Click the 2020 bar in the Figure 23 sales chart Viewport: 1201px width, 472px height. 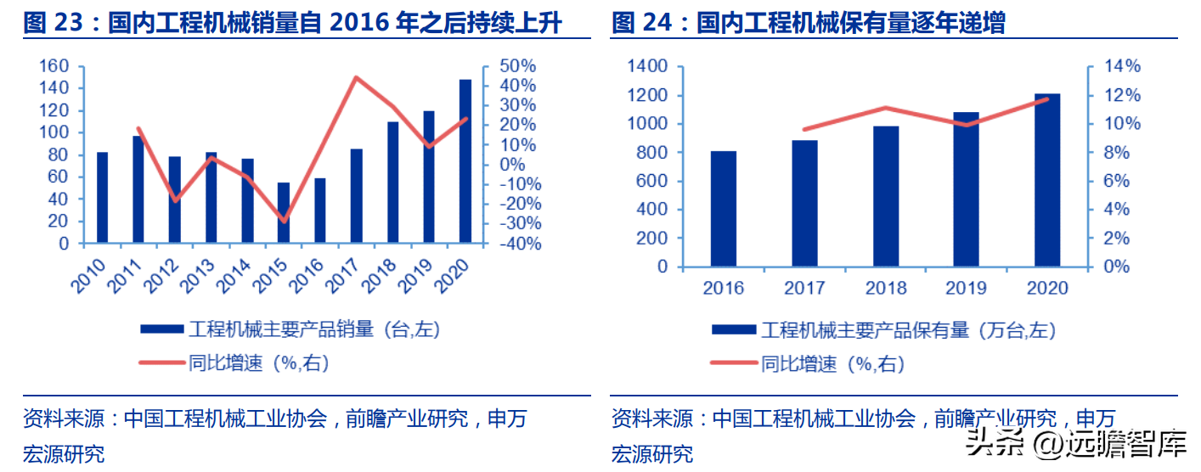[x=465, y=161]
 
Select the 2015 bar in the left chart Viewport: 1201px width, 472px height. [x=283, y=213]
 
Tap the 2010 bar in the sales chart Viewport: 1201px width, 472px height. [x=102, y=198]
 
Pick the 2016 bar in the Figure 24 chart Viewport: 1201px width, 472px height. [x=724, y=209]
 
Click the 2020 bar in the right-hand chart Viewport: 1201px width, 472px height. [x=1047, y=180]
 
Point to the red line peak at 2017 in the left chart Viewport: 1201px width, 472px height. [x=356, y=77]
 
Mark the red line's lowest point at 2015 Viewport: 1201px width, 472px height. [x=284, y=221]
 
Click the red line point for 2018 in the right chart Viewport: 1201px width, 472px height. [x=886, y=108]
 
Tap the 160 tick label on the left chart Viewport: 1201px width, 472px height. [x=54, y=66]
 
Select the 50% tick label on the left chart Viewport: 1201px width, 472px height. [x=517, y=66]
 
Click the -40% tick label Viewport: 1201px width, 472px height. [x=520, y=244]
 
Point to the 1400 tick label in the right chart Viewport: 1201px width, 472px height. [x=648, y=66]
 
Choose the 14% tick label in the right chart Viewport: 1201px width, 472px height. [x=1122, y=66]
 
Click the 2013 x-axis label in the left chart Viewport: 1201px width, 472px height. [x=197, y=276]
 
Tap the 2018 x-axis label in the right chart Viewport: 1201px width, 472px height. [x=886, y=288]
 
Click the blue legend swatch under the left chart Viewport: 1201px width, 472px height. [x=162, y=329]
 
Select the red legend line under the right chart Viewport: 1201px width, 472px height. [x=734, y=363]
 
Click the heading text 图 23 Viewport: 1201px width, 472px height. [x=53, y=23]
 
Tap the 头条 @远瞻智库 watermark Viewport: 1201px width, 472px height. [x=1075, y=444]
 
